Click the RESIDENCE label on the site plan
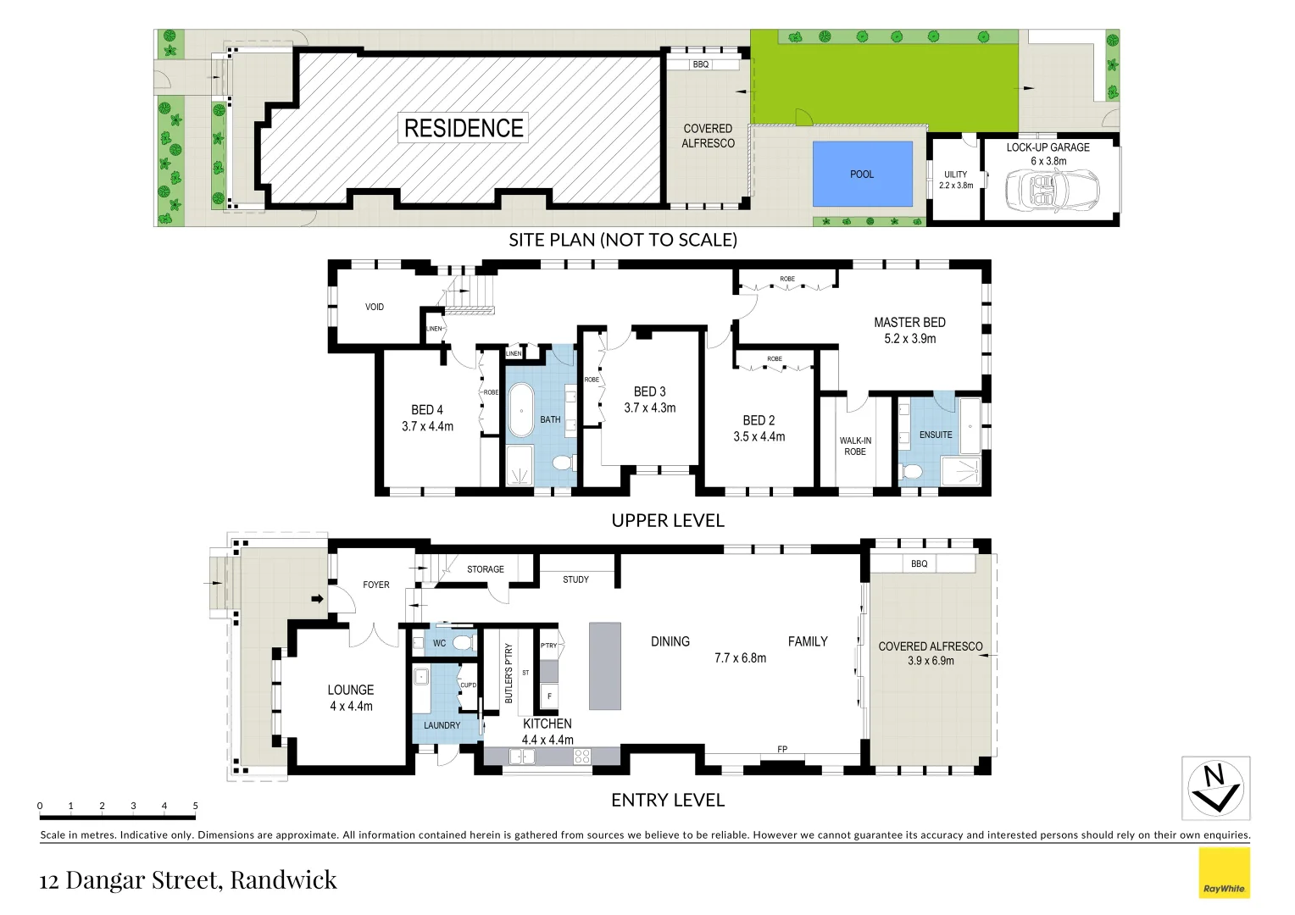click(464, 128)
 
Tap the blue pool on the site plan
click(862, 174)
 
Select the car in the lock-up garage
click(1051, 187)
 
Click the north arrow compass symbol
click(1215, 788)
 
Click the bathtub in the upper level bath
click(520, 411)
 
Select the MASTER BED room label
click(909, 322)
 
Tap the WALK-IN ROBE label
click(855, 446)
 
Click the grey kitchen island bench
click(604, 666)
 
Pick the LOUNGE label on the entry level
click(351, 690)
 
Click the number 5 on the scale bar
click(195, 806)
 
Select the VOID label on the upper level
click(375, 307)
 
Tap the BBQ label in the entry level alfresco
click(919, 563)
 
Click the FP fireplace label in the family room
click(782, 749)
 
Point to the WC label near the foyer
click(439, 643)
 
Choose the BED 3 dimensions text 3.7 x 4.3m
click(650, 408)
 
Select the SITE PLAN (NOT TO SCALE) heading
click(623, 240)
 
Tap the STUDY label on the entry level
click(575, 579)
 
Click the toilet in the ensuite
click(912, 471)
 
